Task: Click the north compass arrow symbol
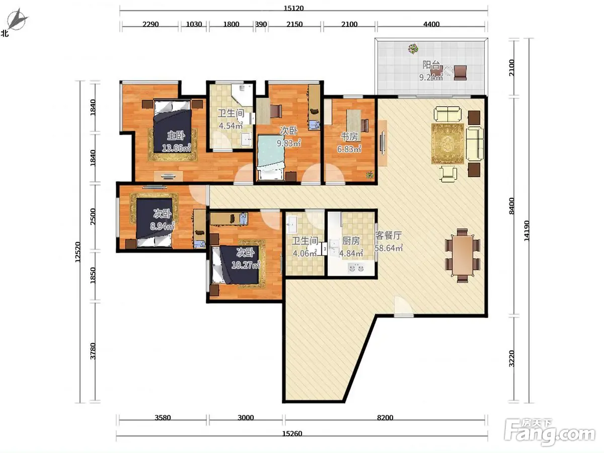[17, 19]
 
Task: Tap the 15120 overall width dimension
[293, 8]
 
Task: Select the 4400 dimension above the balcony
[431, 24]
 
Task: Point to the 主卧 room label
[176, 135]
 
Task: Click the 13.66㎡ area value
[176, 148]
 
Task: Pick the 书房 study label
[349, 136]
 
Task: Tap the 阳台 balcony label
[431, 65]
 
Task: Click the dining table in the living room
[463, 256]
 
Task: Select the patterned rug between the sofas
[447, 143]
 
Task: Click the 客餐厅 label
[388, 236]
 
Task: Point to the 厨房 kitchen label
[351, 241]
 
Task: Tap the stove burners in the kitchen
[356, 267]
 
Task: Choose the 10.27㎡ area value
[246, 265]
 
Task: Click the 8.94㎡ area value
[162, 226]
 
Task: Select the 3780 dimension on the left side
[93, 351]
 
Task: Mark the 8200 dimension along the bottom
[385, 418]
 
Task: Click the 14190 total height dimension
[526, 231]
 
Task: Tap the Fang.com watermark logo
[550, 432]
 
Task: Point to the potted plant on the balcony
[413, 49]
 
